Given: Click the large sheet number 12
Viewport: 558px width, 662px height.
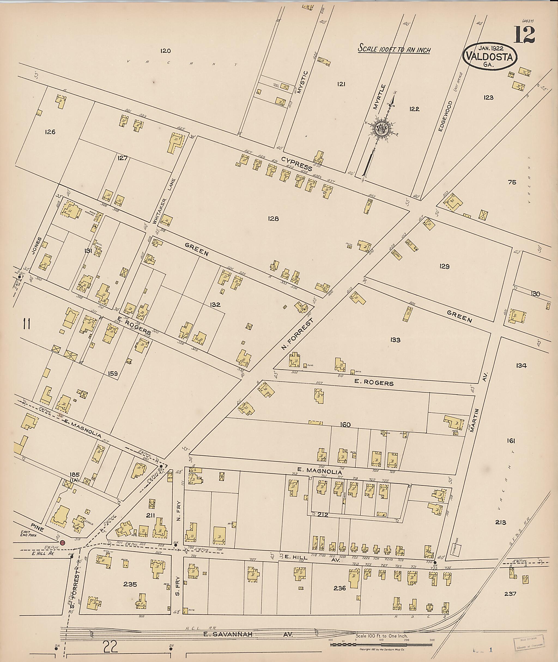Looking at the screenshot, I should point(524,35).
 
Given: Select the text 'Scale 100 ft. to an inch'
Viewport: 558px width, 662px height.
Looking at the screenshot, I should point(394,49).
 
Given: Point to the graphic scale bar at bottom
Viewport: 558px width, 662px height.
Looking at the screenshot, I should point(381,643).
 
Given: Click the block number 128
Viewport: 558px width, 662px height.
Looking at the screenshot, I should point(273,219).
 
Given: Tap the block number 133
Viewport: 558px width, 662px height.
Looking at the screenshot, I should point(395,340).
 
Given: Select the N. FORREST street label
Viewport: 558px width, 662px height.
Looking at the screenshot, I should point(297,335).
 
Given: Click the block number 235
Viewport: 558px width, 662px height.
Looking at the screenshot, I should point(130,584).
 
